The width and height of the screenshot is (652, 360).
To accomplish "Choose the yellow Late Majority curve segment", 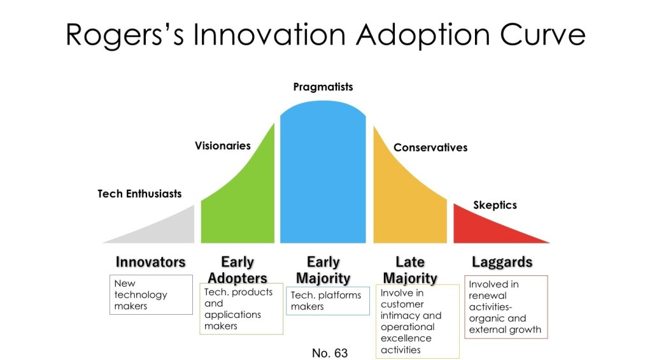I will pyautogui.click(x=404, y=204).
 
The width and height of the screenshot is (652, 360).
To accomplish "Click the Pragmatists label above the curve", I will pyautogui.click(x=323, y=87).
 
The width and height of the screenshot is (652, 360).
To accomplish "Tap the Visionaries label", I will pyautogui.click(x=223, y=146).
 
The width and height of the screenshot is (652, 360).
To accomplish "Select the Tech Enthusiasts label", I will pyautogui.click(x=139, y=194).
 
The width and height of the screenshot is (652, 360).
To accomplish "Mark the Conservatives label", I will pyautogui.click(x=430, y=148).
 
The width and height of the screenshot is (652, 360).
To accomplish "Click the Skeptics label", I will pyautogui.click(x=495, y=205).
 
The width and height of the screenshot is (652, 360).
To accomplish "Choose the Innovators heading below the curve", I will pyautogui.click(x=150, y=262).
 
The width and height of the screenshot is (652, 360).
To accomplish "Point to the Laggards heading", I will pyautogui.click(x=502, y=262).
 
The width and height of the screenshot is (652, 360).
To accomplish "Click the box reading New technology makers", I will pyautogui.click(x=152, y=294).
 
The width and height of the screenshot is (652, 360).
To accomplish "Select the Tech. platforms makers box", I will pyautogui.click(x=329, y=301).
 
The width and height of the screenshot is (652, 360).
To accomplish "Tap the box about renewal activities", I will pyautogui.click(x=506, y=307).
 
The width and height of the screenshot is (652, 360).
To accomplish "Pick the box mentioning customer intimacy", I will pyautogui.click(x=417, y=321).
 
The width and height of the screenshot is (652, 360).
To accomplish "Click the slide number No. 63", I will pyautogui.click(x=330, y=353).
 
